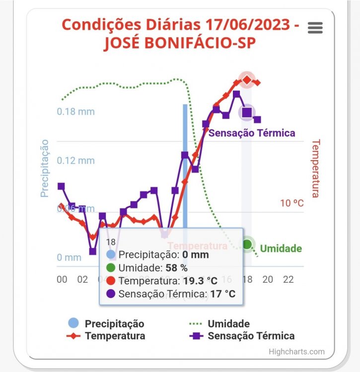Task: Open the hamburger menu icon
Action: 315,28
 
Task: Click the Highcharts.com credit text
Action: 296,352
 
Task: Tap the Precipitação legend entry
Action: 114,324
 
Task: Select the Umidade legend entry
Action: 228,324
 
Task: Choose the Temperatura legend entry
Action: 115,336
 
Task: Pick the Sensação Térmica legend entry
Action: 251,336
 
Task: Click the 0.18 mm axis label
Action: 75,112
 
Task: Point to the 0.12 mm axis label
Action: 75,161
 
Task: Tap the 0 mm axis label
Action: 69,257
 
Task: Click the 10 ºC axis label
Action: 291,203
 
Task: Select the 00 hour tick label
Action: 62,280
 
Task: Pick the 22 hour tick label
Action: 288,280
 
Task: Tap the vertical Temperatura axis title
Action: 315,168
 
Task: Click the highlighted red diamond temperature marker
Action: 247,79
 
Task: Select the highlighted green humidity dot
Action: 247,244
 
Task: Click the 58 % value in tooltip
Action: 177,268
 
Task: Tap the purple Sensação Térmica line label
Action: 252,133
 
